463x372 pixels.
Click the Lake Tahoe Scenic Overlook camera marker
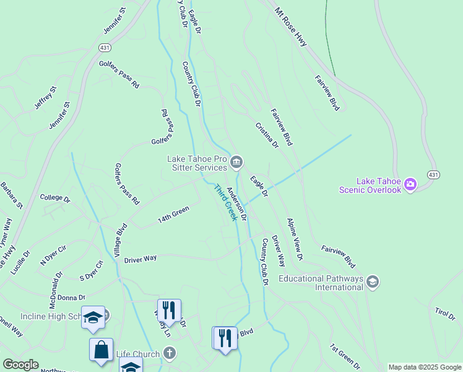[x=410, y=184]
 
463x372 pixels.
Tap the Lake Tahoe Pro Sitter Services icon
[x=236, y=163]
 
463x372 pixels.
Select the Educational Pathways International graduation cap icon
[x=372, y=282]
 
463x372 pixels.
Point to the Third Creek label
[x=225, y=202]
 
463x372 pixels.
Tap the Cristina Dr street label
[x=267, y=135]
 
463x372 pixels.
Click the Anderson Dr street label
[x=236, y=205]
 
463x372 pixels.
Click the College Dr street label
[x=55, y=198]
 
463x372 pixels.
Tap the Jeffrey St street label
[x=45, y=98]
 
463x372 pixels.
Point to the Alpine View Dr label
[x=295, y=239]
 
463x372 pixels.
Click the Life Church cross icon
[x=170, y=354]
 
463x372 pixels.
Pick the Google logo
[x=20, y=365]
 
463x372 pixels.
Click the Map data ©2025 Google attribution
[x=425, y=367]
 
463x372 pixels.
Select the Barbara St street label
[x=11, y=195]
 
